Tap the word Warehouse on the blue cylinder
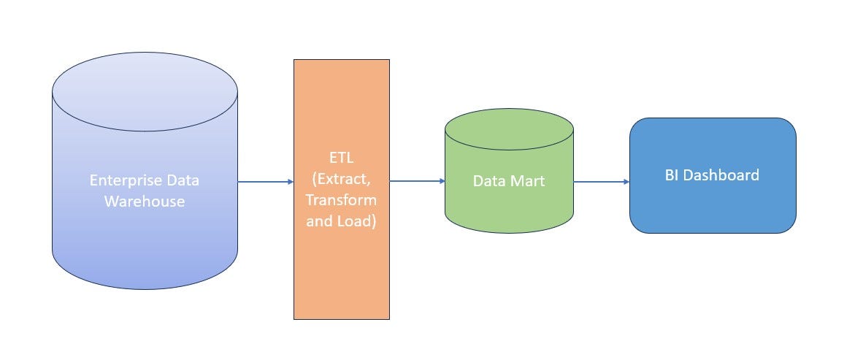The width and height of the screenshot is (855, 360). point(144,201)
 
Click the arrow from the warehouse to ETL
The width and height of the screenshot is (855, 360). point(264,182)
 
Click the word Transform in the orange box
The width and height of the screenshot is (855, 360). point(342,199)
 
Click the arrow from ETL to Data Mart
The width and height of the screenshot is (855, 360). point(416,181)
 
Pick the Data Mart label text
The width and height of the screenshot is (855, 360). point(508,181)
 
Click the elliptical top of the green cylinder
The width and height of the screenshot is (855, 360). point(509,131)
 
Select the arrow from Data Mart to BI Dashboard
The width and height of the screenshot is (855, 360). point(600,182)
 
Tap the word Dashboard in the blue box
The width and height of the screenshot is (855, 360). point(721,175)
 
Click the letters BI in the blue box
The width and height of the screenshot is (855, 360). point(672,175)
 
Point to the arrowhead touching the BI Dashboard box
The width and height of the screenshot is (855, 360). point(626,182)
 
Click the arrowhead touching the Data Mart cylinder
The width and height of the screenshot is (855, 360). point(442,181)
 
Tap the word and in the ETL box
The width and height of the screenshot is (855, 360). point(319,221)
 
